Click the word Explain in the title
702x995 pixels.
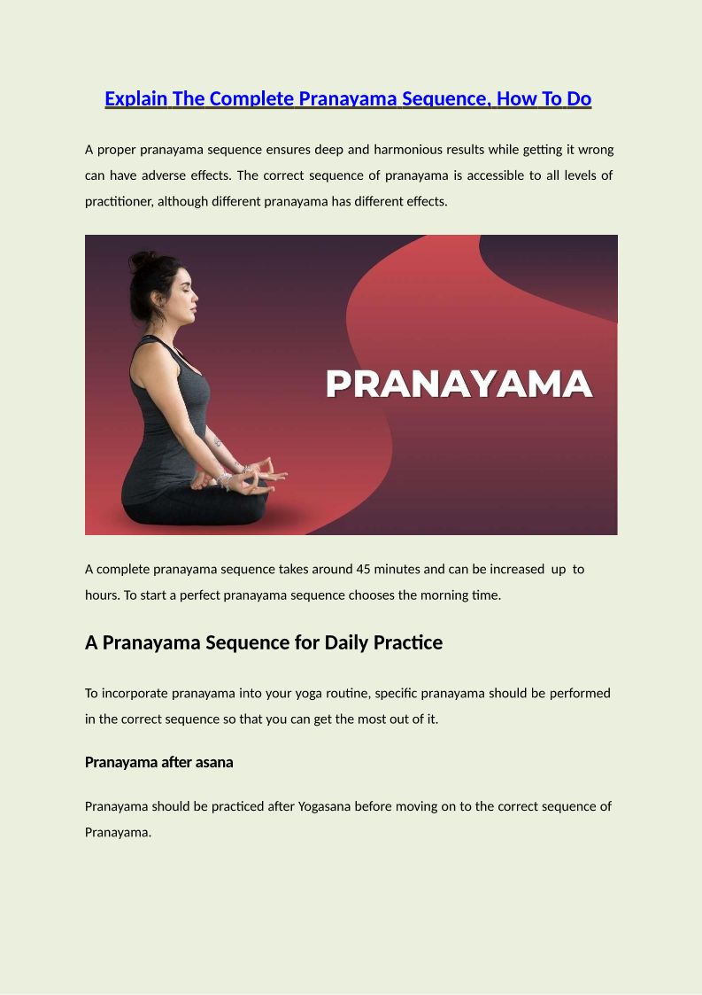coord(135,99)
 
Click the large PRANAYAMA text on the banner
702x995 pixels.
coord(459,385)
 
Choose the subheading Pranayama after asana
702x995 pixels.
coord(158,762)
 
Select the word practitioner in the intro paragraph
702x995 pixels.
coord(120,201)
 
